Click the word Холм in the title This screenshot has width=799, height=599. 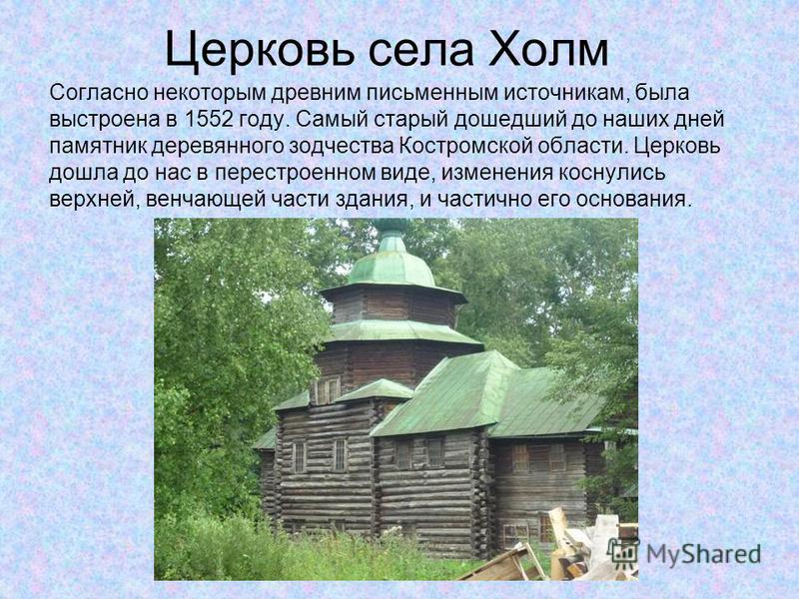coord(548,50)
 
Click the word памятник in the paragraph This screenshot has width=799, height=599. coord(97,146)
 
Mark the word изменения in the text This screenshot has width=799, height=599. coord(496,173)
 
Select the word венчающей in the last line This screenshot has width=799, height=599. coord(204,199)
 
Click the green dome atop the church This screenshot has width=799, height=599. coord(392,259)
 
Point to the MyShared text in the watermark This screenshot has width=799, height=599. coord(704,554)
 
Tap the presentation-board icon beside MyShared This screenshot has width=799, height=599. coord(623,552)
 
